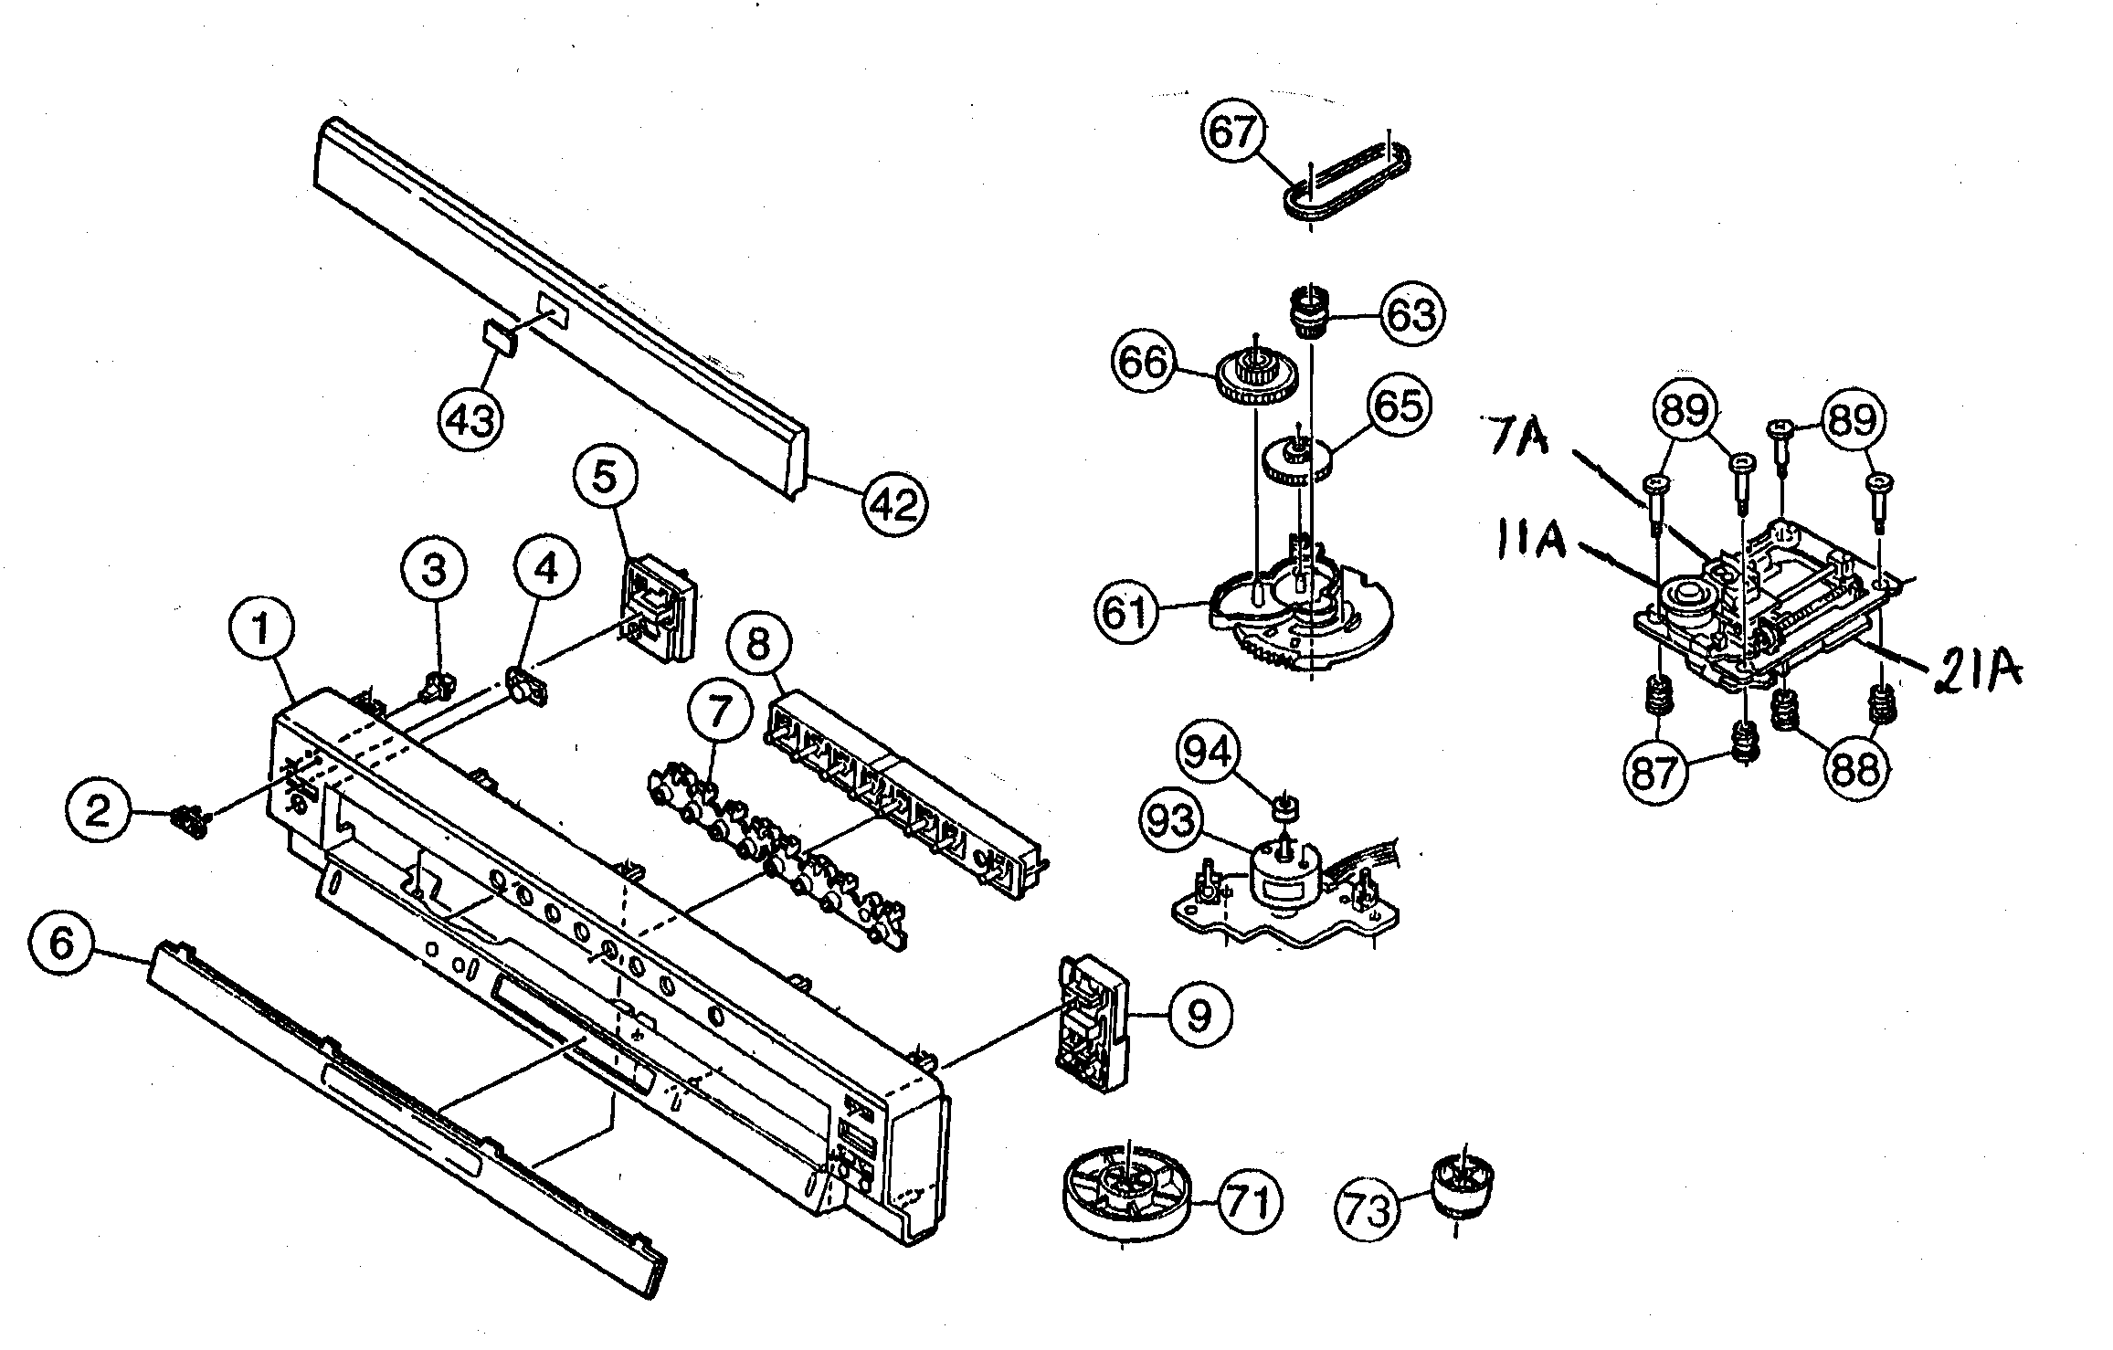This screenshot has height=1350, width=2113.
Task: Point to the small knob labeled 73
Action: pos(1463,1185)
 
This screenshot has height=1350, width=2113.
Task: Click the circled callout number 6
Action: pos(62,944)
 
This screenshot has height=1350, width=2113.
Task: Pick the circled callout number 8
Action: pos(757,645)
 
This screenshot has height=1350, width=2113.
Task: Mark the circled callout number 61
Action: pos(1127,612)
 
